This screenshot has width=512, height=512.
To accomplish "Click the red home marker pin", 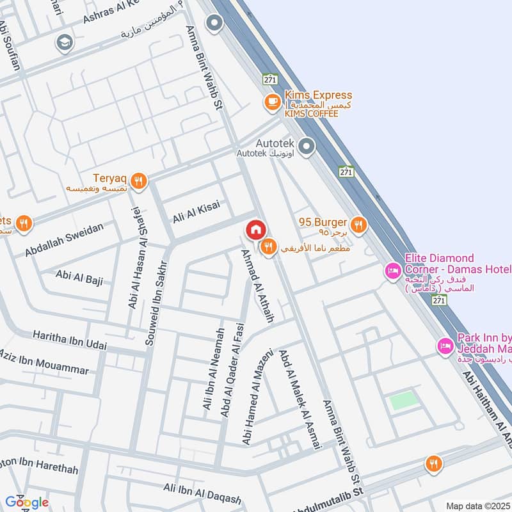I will pos(255,230).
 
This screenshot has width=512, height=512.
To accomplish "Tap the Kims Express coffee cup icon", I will pos(272,101).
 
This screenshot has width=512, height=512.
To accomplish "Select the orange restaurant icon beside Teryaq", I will pos(140,181).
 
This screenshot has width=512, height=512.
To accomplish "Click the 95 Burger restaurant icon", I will pos(358,224).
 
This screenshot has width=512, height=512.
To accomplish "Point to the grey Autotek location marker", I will pos(307,147).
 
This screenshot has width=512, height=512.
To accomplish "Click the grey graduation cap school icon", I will pos(64,42).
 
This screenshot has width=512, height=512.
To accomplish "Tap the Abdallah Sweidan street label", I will pos(64,240).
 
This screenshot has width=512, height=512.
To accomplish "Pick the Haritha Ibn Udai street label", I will pos(70,340).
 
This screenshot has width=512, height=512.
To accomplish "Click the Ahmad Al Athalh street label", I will pos(257,285).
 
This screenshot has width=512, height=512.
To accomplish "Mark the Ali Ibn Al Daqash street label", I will pos(202,494).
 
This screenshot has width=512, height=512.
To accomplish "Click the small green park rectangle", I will pos(403,401).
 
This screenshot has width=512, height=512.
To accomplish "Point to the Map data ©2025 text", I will pos(478,506).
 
